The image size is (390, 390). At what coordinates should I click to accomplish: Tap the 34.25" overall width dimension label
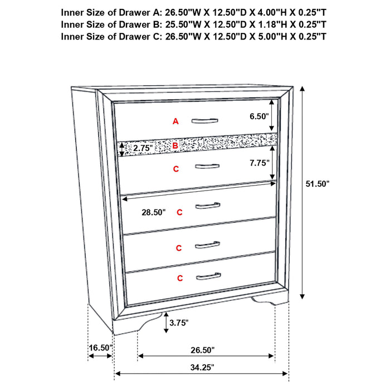[201, 367]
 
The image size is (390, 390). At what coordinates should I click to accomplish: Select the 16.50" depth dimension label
[100, 348]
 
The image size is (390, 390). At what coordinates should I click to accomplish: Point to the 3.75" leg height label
[179, 322]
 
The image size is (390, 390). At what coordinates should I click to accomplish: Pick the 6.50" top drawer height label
[259, 116]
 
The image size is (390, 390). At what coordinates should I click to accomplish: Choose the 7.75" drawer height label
[259, 163]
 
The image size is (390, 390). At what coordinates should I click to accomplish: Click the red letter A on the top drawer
[175, 121]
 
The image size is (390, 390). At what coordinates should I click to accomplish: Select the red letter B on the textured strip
[175, 146]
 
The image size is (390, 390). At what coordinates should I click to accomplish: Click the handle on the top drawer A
[206, 120]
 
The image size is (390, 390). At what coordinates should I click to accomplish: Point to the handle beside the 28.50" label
[208, 206]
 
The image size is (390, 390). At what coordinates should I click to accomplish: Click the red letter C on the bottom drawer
[179, 277]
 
